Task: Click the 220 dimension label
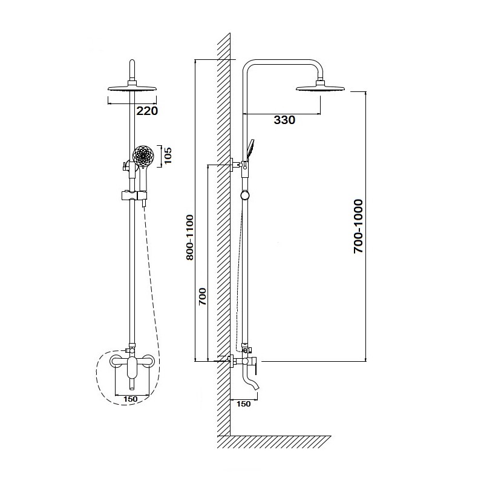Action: point(146,111)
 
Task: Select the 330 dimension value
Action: point(284,120)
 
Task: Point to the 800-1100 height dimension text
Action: point(189,238)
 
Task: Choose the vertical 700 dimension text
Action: point(203,298)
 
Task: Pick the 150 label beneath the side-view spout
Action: point(244,404)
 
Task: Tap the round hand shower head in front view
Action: point(143,157)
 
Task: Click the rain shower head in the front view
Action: point(131,88)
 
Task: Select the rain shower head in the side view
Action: point(321,90)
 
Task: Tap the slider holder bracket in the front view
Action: point(132,196)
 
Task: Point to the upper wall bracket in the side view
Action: point(237,164)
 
